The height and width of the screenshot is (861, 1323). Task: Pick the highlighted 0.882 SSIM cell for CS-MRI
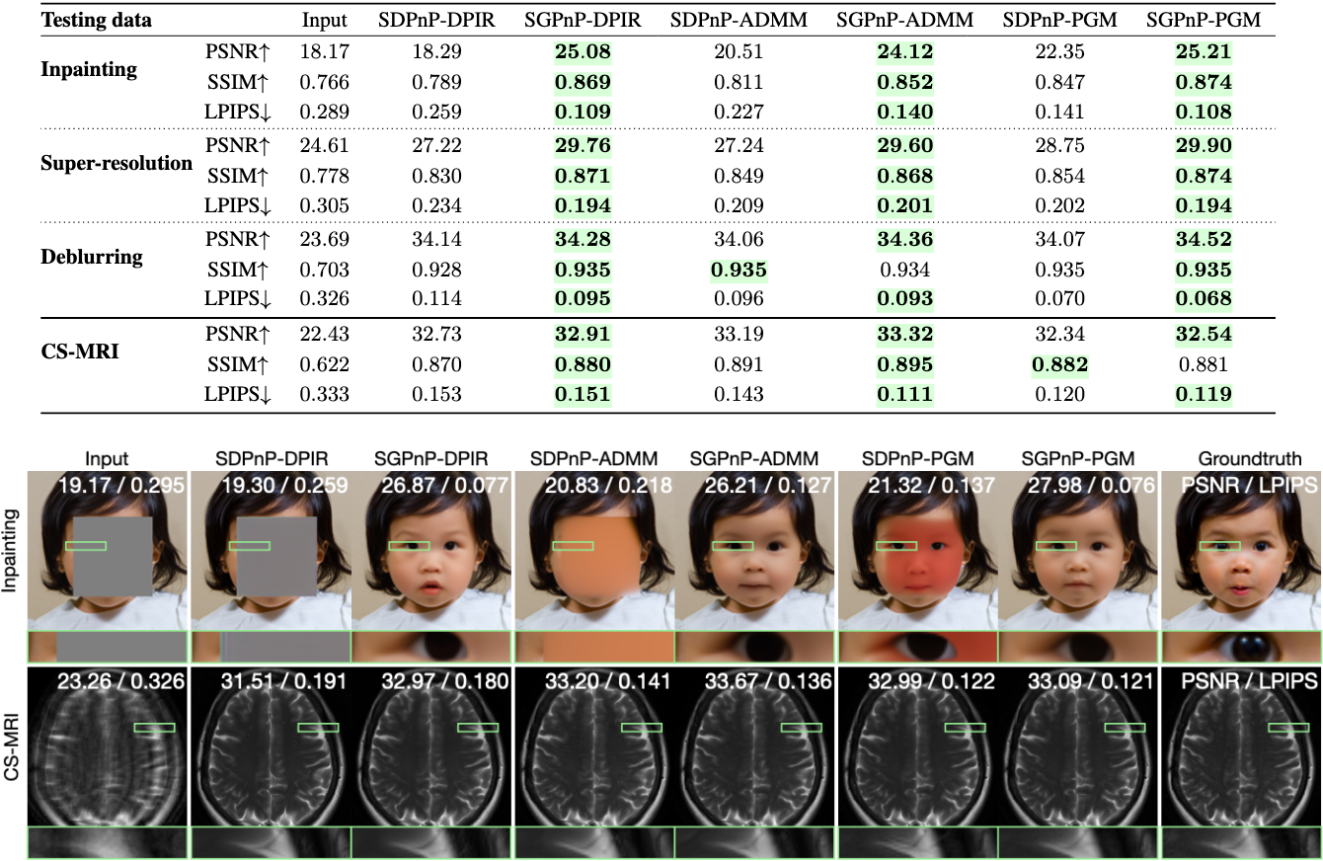click(x=1059, y=365)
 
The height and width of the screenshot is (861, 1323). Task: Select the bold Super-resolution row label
click(x=117, y=163)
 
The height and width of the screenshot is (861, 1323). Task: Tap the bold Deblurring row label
click(x=92, y=257)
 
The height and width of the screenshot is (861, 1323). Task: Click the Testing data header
click(x=97, y=20)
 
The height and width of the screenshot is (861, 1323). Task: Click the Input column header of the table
click(x=325, y=20)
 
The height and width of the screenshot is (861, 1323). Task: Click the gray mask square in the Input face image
click(x=103, y=556)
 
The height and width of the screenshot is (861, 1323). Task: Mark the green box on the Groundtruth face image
click(x=1219, y=546)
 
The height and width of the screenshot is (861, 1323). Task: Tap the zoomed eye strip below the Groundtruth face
click(x=1240, y=647)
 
